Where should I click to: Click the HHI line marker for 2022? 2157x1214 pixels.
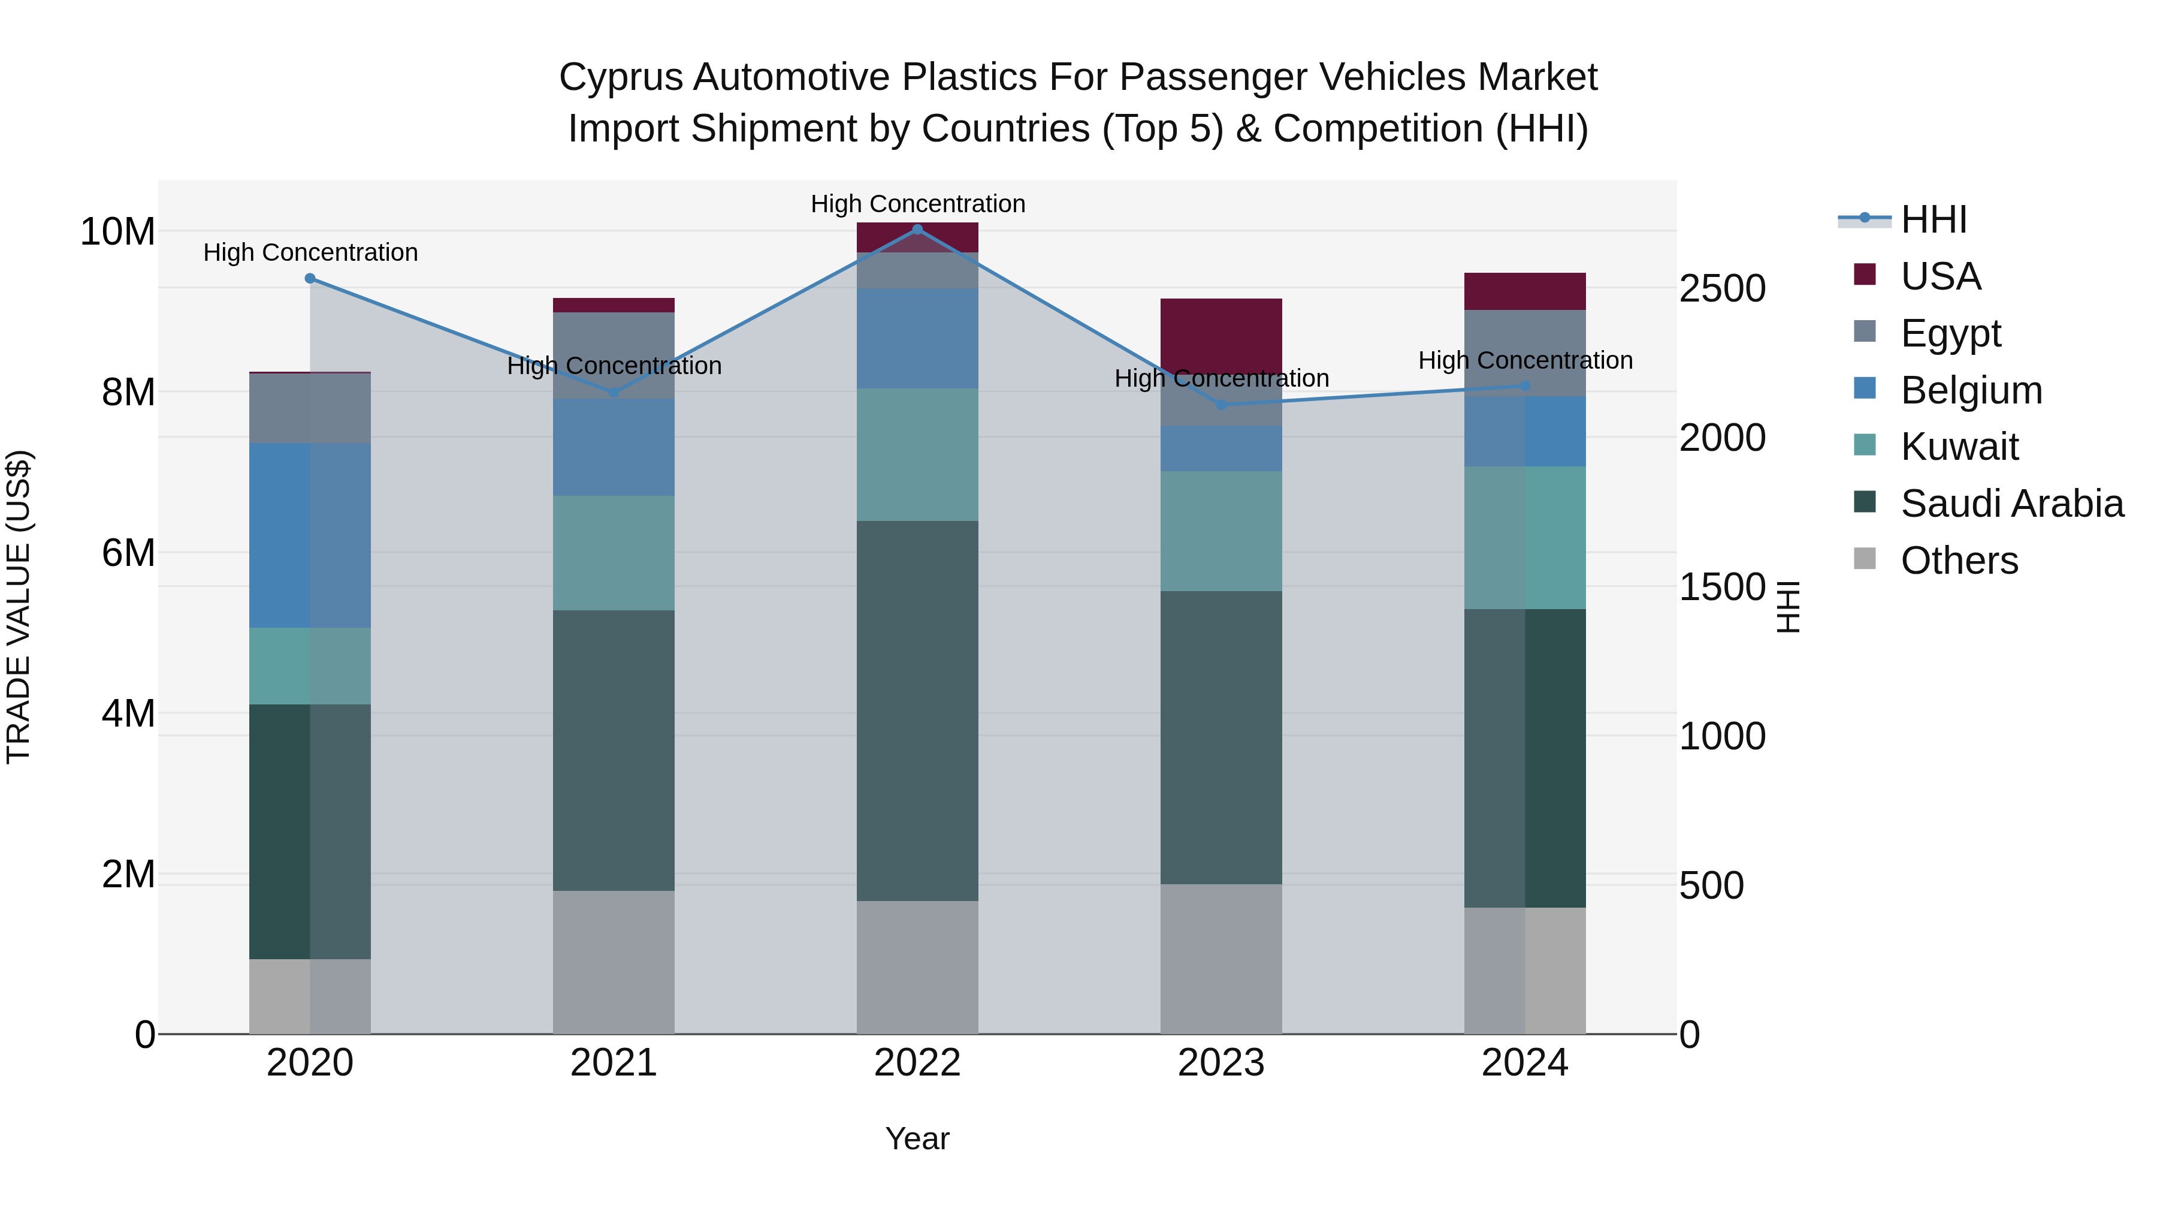point(917,229)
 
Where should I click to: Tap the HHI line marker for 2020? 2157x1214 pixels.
point(310,278)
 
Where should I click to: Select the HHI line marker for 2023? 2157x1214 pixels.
point(1221,405)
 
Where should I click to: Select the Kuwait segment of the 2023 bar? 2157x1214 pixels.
point(1221,531)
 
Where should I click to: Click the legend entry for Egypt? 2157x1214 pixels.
point(1950,333)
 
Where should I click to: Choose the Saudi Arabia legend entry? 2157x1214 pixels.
point(2011,504)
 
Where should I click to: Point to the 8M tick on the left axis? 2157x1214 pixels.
point(128,392)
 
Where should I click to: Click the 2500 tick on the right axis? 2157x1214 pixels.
point(1723,289)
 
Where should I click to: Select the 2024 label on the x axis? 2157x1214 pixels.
point(1524,1063)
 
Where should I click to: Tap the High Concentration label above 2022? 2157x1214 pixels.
point(917,204)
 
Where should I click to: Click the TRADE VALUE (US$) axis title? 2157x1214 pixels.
point(19,607)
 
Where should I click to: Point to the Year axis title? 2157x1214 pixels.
point(917,1138)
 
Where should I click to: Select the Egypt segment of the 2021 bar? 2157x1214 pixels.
point(614,356)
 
